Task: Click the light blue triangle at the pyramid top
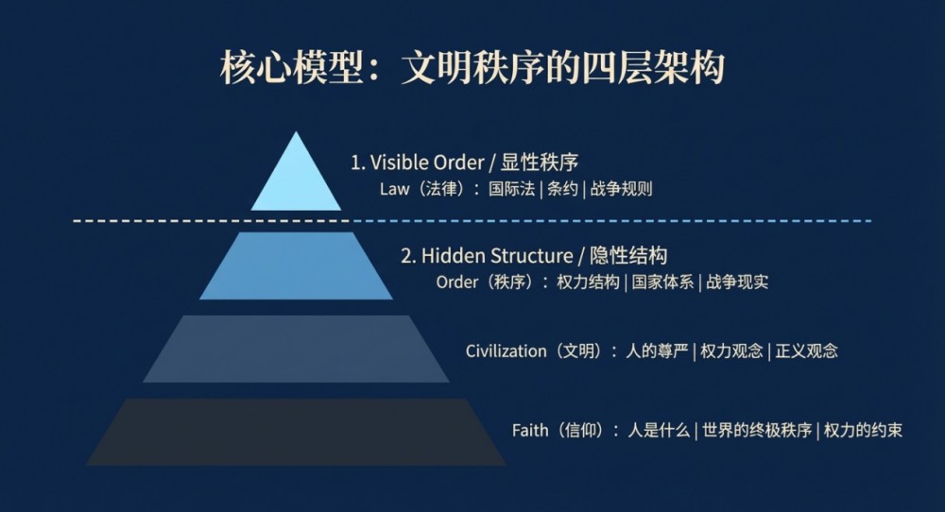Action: click(296, 180)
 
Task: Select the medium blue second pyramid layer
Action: click(296, 265)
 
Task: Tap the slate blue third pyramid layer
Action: click(296, 349)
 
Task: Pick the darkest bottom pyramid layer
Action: click(296, 432)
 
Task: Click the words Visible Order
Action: click(427, 162)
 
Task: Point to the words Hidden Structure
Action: click(497, 255)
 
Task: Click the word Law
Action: click(395, 189)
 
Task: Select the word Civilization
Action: click(506, 351)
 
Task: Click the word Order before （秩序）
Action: click(456, 282)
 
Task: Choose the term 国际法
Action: click(511, 189)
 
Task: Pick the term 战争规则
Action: click(621, 189)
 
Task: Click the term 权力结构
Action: click(588, 282)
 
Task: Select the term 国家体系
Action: click(662, 282)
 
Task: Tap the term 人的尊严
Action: click(657, 351)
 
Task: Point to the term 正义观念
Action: click(806, 351)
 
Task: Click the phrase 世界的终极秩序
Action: click(757, 430)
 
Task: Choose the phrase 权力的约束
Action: click(863, 430)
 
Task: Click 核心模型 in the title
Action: click(292, 67)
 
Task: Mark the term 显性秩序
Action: click(540, 162)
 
